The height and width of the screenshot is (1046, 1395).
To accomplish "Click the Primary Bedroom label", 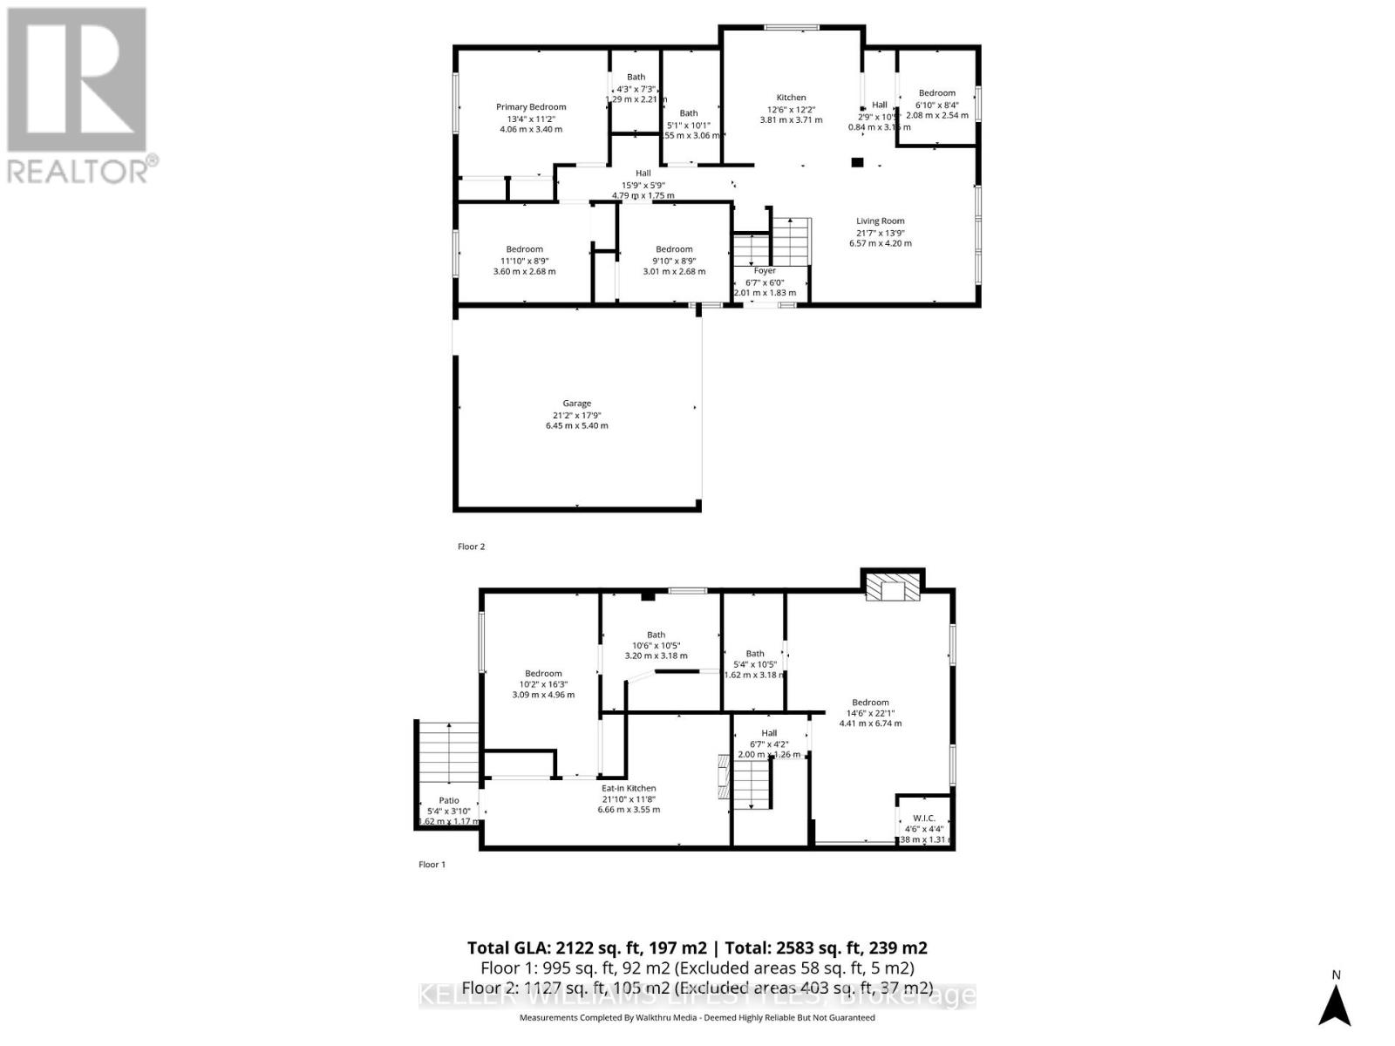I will (x=531, y=107).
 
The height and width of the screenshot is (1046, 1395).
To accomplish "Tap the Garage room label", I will (x=576, y=404).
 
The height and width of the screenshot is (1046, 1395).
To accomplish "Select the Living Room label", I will (x=880, y=221).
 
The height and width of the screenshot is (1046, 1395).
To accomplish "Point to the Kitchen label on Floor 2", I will (x=792, y=98).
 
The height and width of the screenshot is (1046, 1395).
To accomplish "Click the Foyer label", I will (x=765, y=271).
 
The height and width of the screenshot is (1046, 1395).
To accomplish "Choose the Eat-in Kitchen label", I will (x=628, y=788).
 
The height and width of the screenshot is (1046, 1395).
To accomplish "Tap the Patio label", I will (x=449, y=800).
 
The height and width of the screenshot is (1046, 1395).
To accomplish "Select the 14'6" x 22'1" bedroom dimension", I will (x=870, y=712).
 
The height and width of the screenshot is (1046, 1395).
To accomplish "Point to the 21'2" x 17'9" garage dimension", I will (x=576, y=415).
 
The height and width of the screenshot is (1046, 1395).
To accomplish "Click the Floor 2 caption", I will (x=471, y=547).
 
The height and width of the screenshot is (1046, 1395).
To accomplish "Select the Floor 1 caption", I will (x=432, y=865).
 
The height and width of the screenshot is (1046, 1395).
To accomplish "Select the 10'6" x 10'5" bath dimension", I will (x=656, y=645).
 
